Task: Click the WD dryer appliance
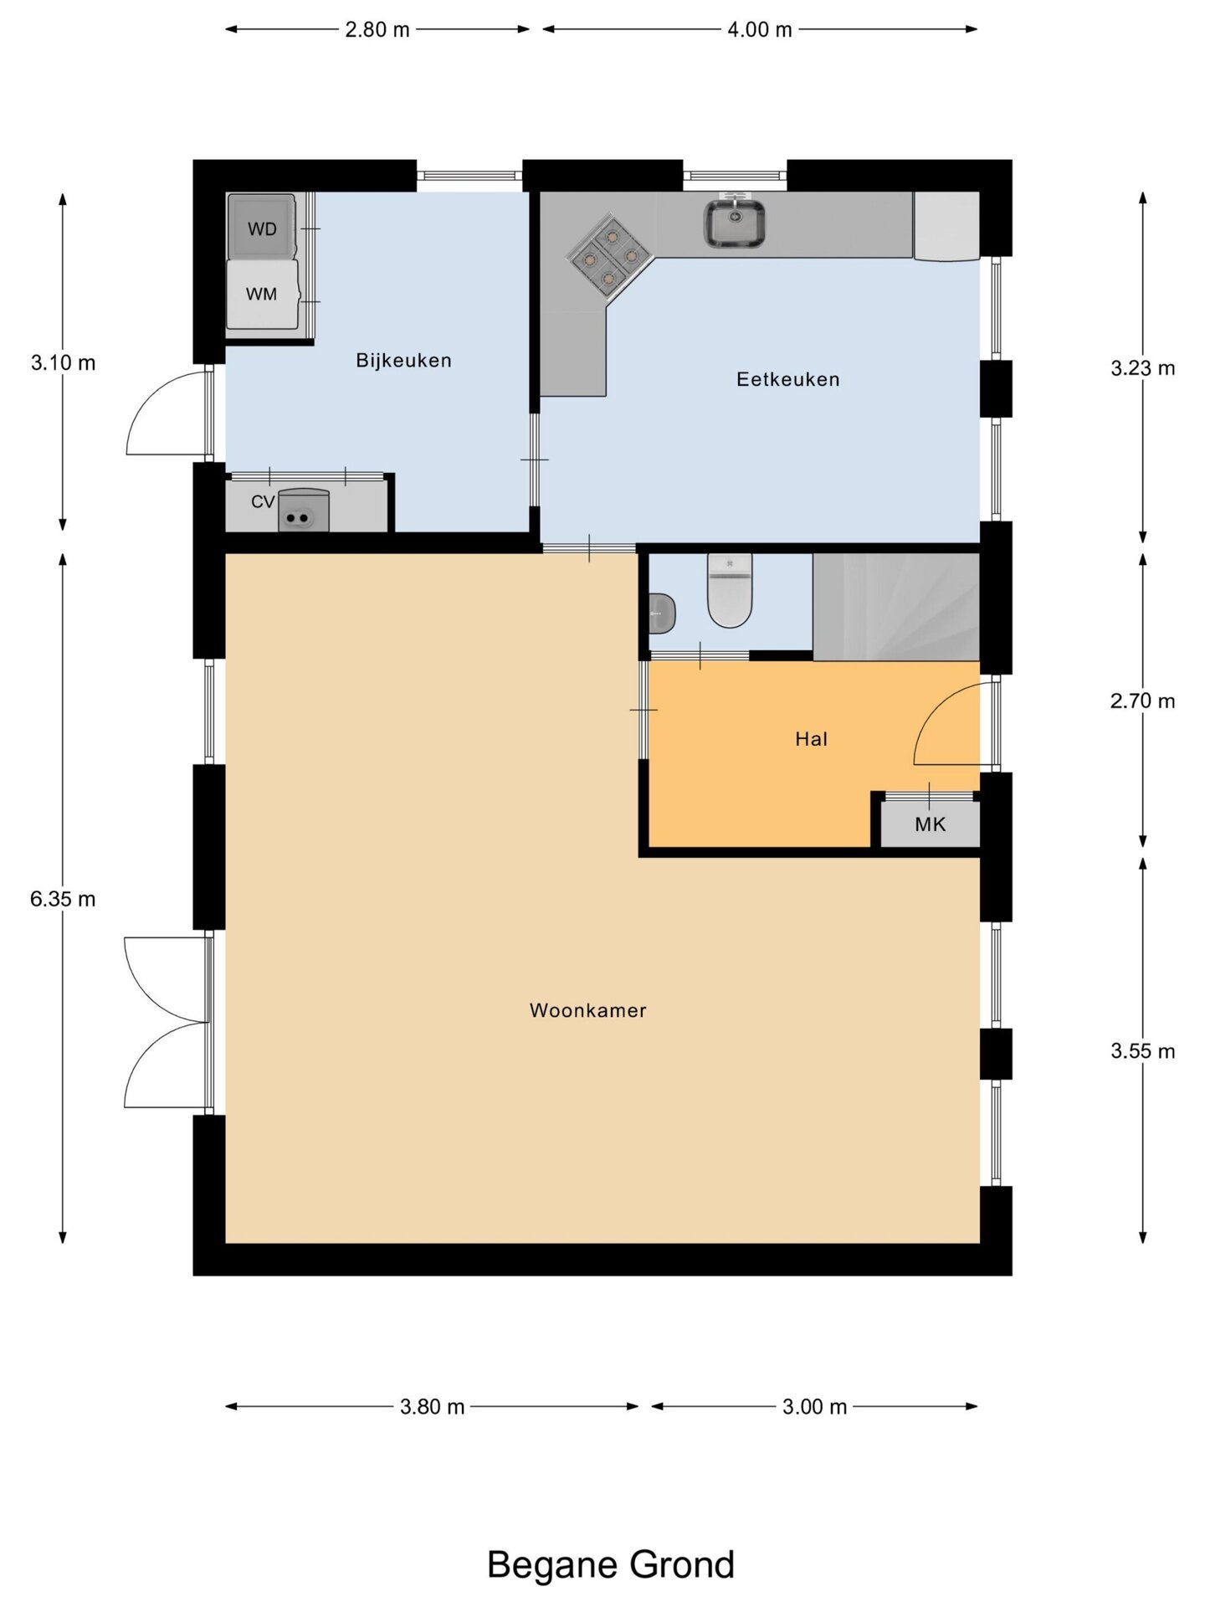(262, 226)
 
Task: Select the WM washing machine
(262, 294)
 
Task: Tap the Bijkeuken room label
(403, 361)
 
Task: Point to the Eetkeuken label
(787, 379)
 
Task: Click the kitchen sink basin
(734, 223)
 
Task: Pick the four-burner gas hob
(610, 256)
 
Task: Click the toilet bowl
(730, 590)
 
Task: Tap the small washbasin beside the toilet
(662, 614)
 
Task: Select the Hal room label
(811, 739)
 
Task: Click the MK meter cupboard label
(930, 824)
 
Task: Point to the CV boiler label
(263, 501)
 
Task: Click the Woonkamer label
(587, 1010)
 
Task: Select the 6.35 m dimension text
(63, 899)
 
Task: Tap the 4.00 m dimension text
(759, 29)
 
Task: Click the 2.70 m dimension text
(1142, 701)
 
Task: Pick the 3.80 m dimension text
(432, 1406)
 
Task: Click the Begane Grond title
(611, 1565)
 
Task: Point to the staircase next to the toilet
(896, 607)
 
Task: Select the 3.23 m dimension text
(1142, 368)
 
